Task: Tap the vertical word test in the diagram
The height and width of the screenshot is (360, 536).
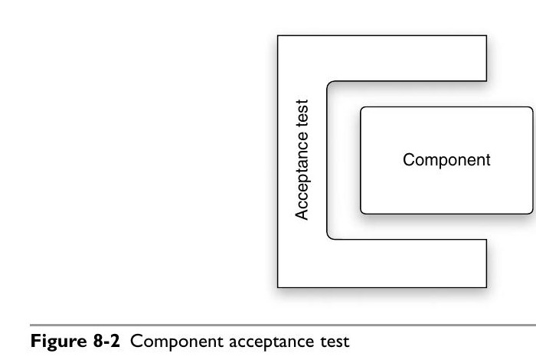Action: [x=302, y=113]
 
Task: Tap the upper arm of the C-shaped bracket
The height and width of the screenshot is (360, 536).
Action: [x=406, y=57]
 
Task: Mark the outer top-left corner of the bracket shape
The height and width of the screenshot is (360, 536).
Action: [x=277, y=35]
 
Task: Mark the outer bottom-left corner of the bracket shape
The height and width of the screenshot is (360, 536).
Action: [x=277, y=286]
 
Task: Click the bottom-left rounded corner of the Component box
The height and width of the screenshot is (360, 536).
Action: [x=363, y=210]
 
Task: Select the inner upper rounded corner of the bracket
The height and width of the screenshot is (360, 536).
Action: [x=330, y=83]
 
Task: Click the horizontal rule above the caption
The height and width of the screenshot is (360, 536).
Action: [x=268, y=325]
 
